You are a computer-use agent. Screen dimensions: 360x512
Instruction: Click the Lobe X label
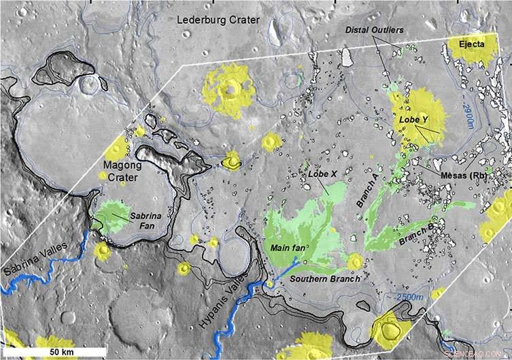pos(323,174)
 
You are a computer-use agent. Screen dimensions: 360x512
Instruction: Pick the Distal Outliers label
pos(374,30)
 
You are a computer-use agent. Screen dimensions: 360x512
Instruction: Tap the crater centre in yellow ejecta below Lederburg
pos(231,88)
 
